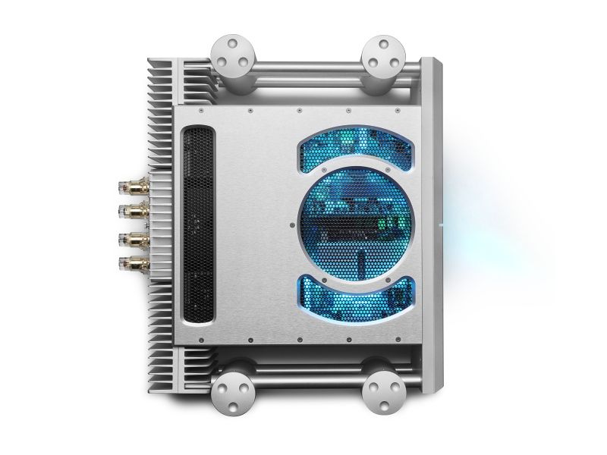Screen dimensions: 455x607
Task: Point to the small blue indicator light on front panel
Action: click(442, 225)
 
